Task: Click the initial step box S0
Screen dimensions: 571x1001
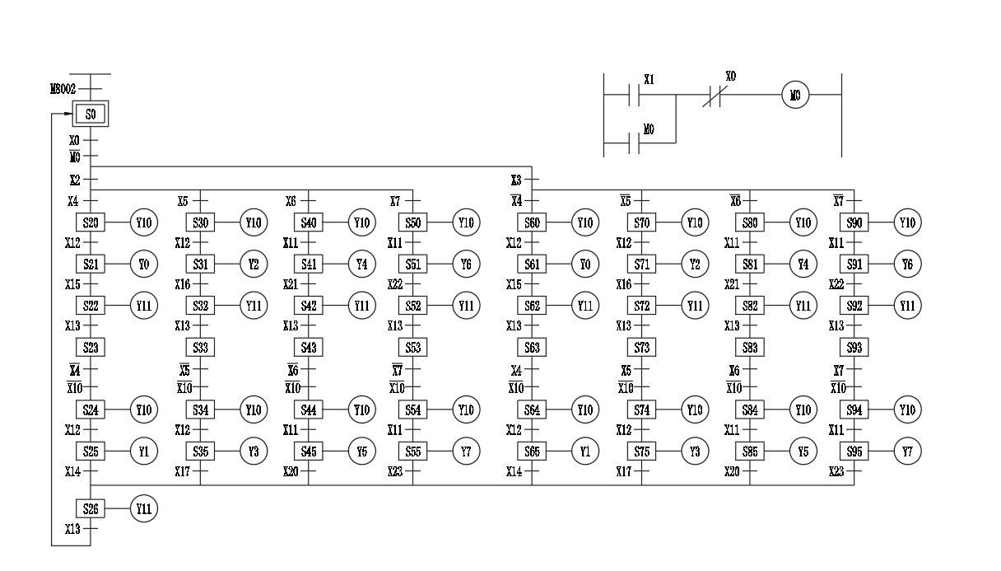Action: coord(90,115)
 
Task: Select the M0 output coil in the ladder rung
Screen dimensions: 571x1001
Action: coord(796,96)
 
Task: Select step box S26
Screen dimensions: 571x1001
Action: coord(91,509)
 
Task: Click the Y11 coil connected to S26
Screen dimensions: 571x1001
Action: coord(143,509)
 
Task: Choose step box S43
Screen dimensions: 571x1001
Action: coord(310,347)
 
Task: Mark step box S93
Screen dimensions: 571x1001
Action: coord(854,347)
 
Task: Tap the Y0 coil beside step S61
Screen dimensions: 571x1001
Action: coord(585,264)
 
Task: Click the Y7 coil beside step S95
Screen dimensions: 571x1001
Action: coord(907,452)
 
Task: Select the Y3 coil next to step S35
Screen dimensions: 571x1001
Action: coord(254,452)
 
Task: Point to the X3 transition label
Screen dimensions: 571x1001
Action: coord(516,179)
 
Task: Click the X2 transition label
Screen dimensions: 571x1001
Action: coord(74,179)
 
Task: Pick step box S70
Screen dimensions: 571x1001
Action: coord(641,222)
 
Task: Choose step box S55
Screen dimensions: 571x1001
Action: coord(413,452)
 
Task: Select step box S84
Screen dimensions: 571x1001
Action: coord(750,410)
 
